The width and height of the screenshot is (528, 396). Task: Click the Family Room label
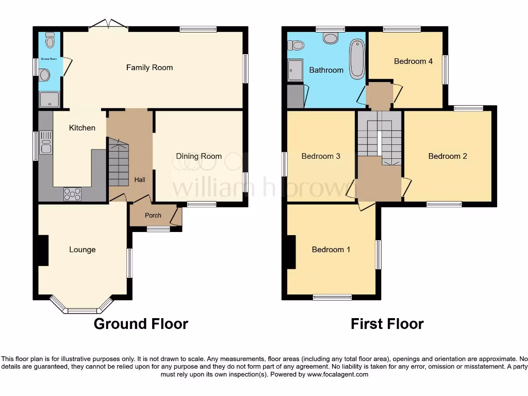point(150,68)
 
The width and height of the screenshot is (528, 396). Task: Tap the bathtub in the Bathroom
point(357,59)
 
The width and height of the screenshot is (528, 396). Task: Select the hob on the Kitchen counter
point(72,194)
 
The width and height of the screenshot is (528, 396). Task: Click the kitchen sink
point(45,142)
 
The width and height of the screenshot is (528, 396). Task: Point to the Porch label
point(153,216)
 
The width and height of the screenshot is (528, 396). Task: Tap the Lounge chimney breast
point(43,250)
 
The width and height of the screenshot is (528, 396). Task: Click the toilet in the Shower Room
point(50,40)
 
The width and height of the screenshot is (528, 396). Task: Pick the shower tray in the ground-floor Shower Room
point(50,99)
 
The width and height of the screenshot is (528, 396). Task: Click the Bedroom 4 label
point(413,61)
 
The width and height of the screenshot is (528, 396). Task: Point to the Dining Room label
point(199,156)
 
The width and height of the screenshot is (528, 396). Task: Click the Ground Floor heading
point(141,324)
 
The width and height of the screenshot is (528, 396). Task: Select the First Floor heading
point(387,324)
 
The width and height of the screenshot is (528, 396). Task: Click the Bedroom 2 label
point(448,156)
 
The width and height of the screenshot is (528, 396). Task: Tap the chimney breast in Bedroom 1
point(291,252)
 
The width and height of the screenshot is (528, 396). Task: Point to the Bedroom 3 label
point(321,156)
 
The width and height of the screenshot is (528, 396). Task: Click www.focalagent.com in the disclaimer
point(338,374)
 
